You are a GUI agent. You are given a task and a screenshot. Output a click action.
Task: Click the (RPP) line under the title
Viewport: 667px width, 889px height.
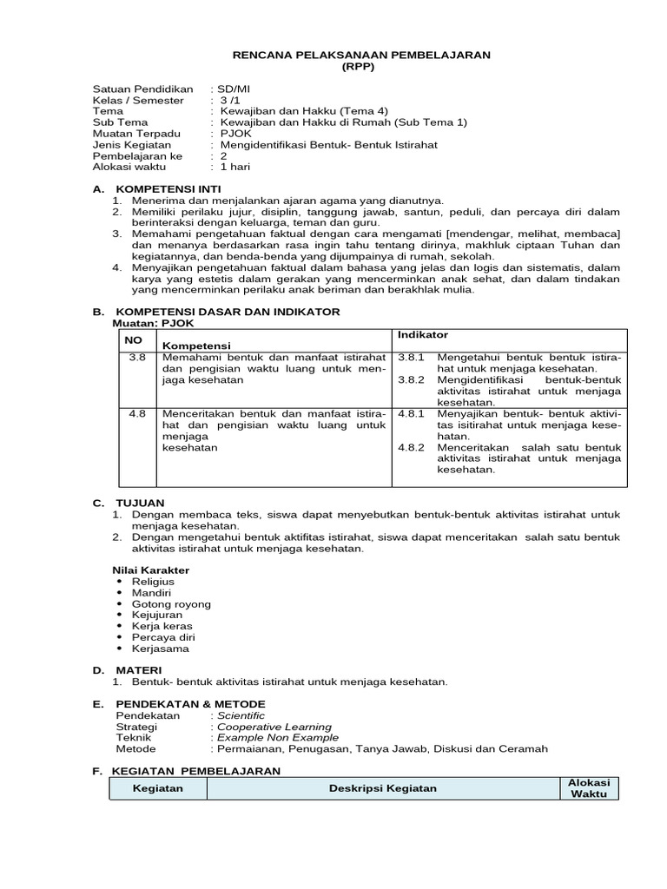click(x=360, y=66)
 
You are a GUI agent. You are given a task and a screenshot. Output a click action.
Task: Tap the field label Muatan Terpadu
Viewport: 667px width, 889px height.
click(x=136, y=133)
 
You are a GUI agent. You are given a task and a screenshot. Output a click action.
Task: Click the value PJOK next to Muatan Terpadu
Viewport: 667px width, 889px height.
click(x=233, y=133)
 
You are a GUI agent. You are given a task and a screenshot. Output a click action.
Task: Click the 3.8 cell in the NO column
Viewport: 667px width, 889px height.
click(x=136, y=357)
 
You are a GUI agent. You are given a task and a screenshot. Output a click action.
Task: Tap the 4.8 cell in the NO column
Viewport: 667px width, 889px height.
click(x=136, y=413)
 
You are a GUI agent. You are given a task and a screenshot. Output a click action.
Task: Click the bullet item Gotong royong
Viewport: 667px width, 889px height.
click(x=171, y=604)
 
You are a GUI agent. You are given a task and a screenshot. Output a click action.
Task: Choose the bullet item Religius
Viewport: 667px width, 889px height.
click(x=153, y=582)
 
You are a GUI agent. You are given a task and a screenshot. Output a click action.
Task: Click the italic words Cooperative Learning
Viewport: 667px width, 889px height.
click(x=274, y=727)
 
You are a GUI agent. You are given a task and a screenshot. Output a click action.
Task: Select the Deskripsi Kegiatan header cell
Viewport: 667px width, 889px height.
click(x=383, y=788)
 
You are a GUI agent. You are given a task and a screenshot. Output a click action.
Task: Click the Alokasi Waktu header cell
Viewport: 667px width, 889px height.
click(x=589, y=788)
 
